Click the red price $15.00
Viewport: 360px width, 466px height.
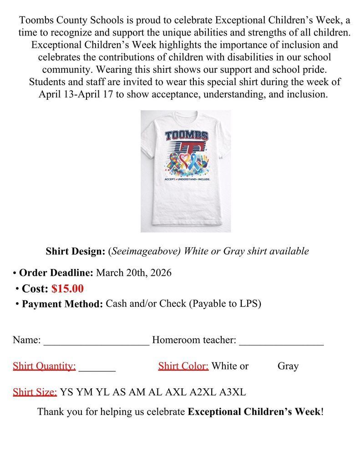(67, 289)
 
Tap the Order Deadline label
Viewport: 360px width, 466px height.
(56, 273)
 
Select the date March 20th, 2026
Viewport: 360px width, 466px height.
(133, 273)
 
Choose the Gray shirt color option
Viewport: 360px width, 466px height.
(288, 366)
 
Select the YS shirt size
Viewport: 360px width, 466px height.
(67, 392)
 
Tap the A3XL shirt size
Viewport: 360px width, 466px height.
(233, 392)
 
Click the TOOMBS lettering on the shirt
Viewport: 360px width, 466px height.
(186, 136)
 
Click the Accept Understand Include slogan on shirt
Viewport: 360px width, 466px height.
(186, 180)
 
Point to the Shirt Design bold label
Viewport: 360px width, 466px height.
(76, 251)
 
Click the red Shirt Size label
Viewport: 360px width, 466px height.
(35, 392)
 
